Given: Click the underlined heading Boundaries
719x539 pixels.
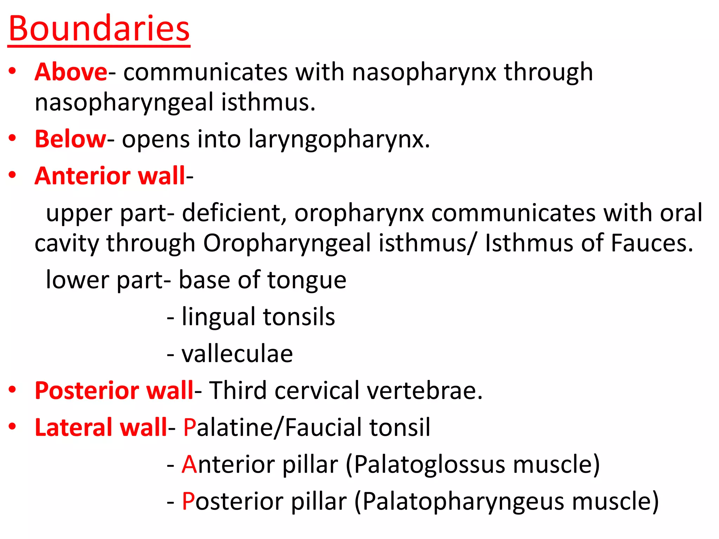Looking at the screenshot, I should point(99,29).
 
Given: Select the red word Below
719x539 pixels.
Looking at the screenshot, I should point(70,139).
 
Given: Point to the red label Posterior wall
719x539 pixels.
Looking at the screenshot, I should point(114,390).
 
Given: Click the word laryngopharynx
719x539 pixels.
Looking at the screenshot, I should point(339,140).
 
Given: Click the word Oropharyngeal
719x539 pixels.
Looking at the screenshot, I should point(287,244).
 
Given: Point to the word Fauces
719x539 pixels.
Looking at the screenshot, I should point(652,243).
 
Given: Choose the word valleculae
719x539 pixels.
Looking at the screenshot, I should point(237,354).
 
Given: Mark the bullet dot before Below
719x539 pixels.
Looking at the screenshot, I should point(13,138).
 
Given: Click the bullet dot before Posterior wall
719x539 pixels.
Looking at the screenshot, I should point(13,389).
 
